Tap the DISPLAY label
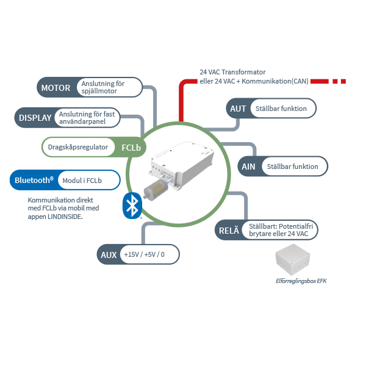pyautogui.click(x=35, y=117)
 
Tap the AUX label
pyautogui.click(x=109, y=254)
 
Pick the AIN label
pyautogui.click(x=249, y=166)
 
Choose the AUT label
pyautogui.click(x=237, y=109)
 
